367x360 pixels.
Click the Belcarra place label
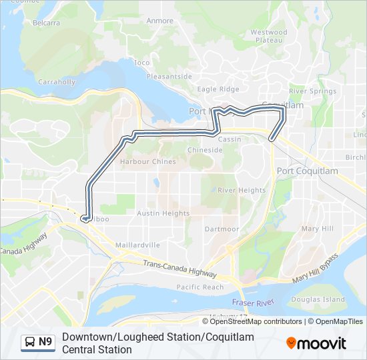tap(46, 22)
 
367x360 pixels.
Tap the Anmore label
tap(160, 21)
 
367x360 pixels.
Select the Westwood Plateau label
tap(269, 36)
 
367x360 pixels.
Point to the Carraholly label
tap(57, 82)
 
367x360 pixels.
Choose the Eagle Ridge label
tap(218, 89)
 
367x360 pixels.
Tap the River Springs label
tap(313, 91)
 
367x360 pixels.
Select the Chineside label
tap(205, 150)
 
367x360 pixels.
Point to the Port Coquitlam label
tap(307, 171)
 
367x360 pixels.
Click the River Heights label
tap(242, 190)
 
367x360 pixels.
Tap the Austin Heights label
tap(163, 213)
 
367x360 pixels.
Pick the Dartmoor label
tap(222, 229)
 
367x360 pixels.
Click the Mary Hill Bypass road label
tap(315, 269)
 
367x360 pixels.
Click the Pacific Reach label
tap(200, 287)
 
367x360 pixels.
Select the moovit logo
tap(316, 343)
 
